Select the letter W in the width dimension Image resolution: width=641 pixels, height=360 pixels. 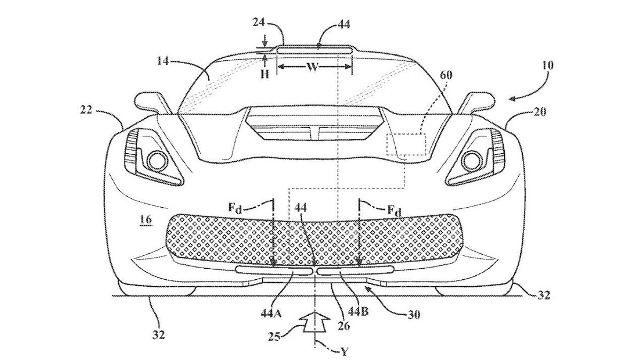pyautogui.click(x=313, y=68)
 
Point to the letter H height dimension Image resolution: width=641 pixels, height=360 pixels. pyautogui.click(x=264, y=75)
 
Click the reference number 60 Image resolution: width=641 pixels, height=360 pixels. pyautogui.click(x=445, y=76)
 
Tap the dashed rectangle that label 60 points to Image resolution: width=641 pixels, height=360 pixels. pyautogui.click(x=408, y=144)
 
